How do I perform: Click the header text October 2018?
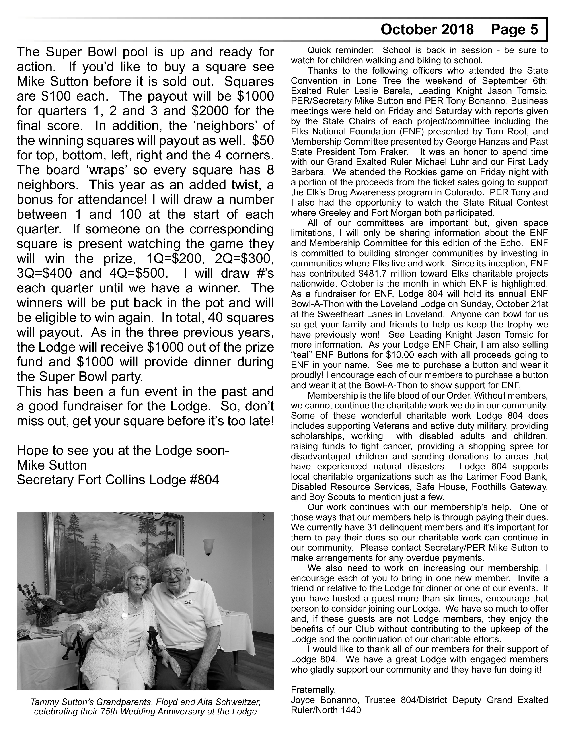(427, 30)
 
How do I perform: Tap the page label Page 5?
(514, 30)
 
